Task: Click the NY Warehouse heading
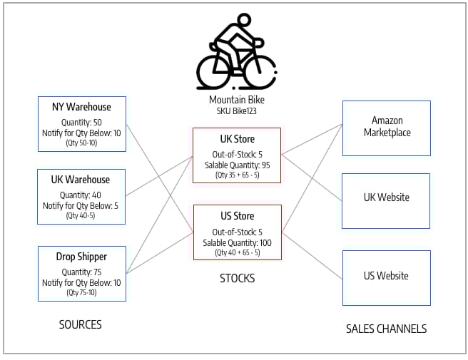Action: point(81,107)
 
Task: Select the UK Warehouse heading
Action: point(81,180)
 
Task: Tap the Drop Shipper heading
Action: point(81,257)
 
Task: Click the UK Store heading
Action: point(237,139)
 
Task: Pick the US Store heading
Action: point(237,216)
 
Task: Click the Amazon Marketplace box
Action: point(386,128)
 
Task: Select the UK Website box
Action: point(386,197)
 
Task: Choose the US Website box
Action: point(386,275)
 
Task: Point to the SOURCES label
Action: point(80,324)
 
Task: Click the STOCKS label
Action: point(237,278)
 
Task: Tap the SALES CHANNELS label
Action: point(386,329)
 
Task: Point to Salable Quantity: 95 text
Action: point(237,165)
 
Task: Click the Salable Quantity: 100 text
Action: point(237,242)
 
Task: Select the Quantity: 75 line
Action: point(81,272)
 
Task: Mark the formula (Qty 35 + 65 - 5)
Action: point(237,175)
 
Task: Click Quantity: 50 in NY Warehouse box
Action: point(81,122)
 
